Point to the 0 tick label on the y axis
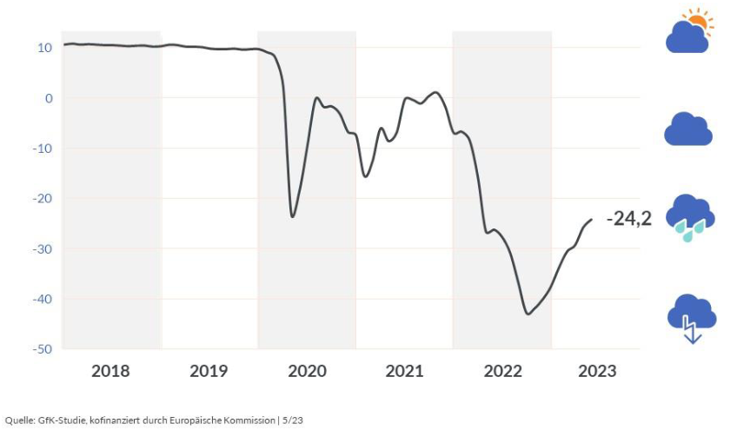[x=49, y=98]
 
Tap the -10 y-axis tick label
[x=43, y=149]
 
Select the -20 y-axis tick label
[x=43, y=198]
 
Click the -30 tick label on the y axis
[x=43, y=248]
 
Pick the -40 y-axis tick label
[x=43, y=299]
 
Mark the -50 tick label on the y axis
[x=43, y=349]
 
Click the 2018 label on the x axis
[x=110, y=372]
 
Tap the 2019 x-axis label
[x=209, y=372]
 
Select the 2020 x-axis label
[x=307, y=372]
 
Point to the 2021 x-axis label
[x=404, y=372]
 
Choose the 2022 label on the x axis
[x=502, y=372]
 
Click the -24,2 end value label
[x=629, y=220]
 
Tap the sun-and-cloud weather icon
[x=689, y=32]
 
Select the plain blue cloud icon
[x=688, y=129]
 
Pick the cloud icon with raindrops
[x=690, y=218]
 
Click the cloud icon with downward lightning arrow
[x=692, y=319]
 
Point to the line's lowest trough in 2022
[x=528, y=314]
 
